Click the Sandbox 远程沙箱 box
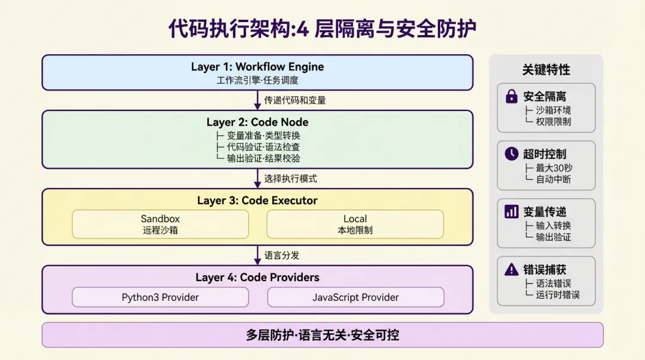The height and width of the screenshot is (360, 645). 160,224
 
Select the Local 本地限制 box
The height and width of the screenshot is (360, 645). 355,224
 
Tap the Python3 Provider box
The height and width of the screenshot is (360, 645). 160,297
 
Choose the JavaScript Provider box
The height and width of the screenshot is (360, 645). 355,297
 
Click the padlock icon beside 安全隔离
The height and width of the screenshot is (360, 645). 511,96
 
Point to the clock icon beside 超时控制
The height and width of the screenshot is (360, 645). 511,153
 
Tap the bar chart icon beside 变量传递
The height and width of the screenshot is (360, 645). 511,211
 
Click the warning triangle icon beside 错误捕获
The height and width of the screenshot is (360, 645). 511,269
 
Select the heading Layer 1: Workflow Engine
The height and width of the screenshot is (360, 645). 257,67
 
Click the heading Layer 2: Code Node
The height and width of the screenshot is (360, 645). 257,122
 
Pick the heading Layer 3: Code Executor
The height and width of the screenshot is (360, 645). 257,201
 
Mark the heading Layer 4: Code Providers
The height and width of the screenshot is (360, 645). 257,277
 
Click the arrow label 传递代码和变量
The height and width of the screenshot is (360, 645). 295,100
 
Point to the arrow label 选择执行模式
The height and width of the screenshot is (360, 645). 291,179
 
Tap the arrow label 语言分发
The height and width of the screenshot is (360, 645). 282,255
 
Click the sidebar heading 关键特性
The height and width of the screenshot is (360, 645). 546,70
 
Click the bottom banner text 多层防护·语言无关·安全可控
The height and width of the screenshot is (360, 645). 322,335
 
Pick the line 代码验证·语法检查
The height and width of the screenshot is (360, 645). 263,147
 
